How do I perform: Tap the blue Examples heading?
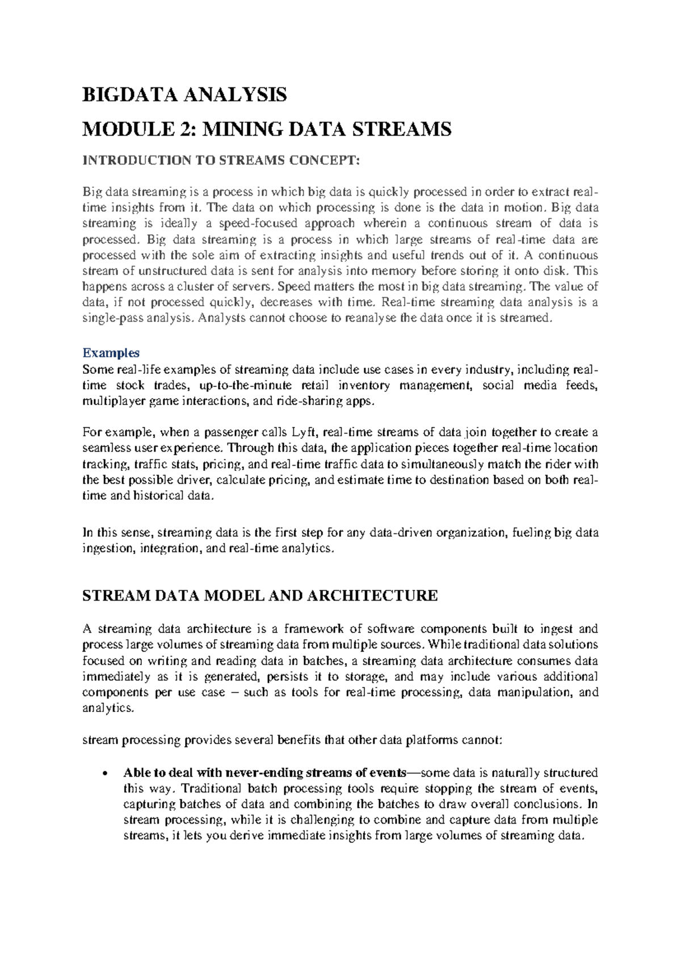coord(111,353)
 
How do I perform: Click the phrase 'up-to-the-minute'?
coord(246,386)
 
